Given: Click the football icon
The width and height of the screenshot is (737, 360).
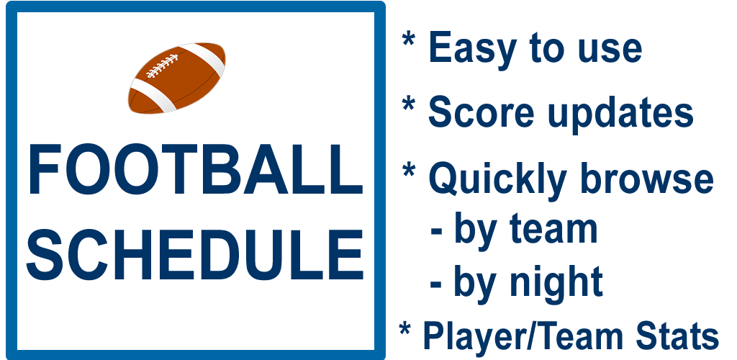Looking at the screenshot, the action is pos(177,78).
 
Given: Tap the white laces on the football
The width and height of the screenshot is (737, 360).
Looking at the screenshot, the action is pos(162,66).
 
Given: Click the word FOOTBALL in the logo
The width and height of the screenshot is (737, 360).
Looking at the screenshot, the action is pos(196,169).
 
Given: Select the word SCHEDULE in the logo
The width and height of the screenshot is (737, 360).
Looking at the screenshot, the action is pos(196,254).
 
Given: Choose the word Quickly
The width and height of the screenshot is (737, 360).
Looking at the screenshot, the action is pos(498,179).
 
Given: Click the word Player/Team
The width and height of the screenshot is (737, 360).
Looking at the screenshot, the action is pos(523,336).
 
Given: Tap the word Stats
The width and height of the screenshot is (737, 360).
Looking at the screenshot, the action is pos(677,336).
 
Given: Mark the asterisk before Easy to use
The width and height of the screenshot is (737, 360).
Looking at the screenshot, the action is pos(408,40).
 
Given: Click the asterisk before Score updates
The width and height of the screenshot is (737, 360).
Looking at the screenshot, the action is pos(408,104).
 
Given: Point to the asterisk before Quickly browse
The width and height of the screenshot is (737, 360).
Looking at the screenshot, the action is pos(408,170).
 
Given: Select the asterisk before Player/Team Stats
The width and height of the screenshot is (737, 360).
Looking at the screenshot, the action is pos(404,328).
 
